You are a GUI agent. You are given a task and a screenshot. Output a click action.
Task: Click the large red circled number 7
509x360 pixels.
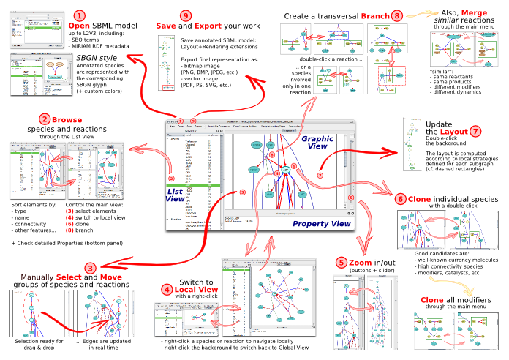click(476, 132)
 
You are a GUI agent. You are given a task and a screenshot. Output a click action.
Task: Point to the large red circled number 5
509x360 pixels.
click(342, 261)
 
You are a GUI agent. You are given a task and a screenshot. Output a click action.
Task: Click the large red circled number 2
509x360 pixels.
click(45, 119)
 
